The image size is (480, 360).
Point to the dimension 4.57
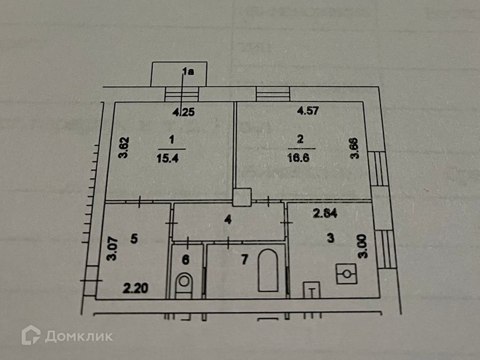point(308,111)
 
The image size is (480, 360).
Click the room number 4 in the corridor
point(227,219)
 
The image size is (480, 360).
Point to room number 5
point(133,239)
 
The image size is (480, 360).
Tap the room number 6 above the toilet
point(186,259)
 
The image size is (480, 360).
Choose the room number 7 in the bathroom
point(227,258)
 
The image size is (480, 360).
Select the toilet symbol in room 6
point(184,283)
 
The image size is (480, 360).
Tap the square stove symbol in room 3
point(347,273)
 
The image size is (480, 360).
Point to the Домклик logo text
point(78,336)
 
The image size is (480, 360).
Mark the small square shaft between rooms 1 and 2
point(242,196)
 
